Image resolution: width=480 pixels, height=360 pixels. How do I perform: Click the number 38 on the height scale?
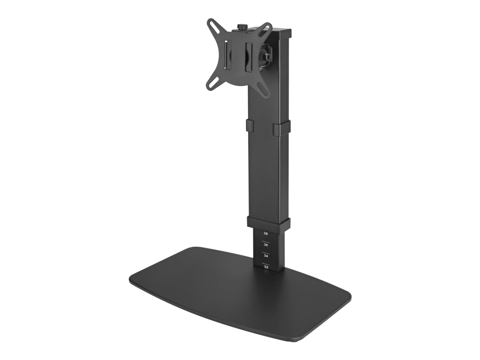pos(265,234)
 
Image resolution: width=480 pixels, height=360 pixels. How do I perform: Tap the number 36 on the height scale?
pos(266,245)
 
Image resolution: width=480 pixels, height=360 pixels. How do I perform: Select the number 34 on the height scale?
pos(266,256)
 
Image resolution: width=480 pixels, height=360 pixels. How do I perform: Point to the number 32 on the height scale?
pos(266,267)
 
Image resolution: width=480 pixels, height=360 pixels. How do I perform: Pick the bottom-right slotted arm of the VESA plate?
pos(263,90)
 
